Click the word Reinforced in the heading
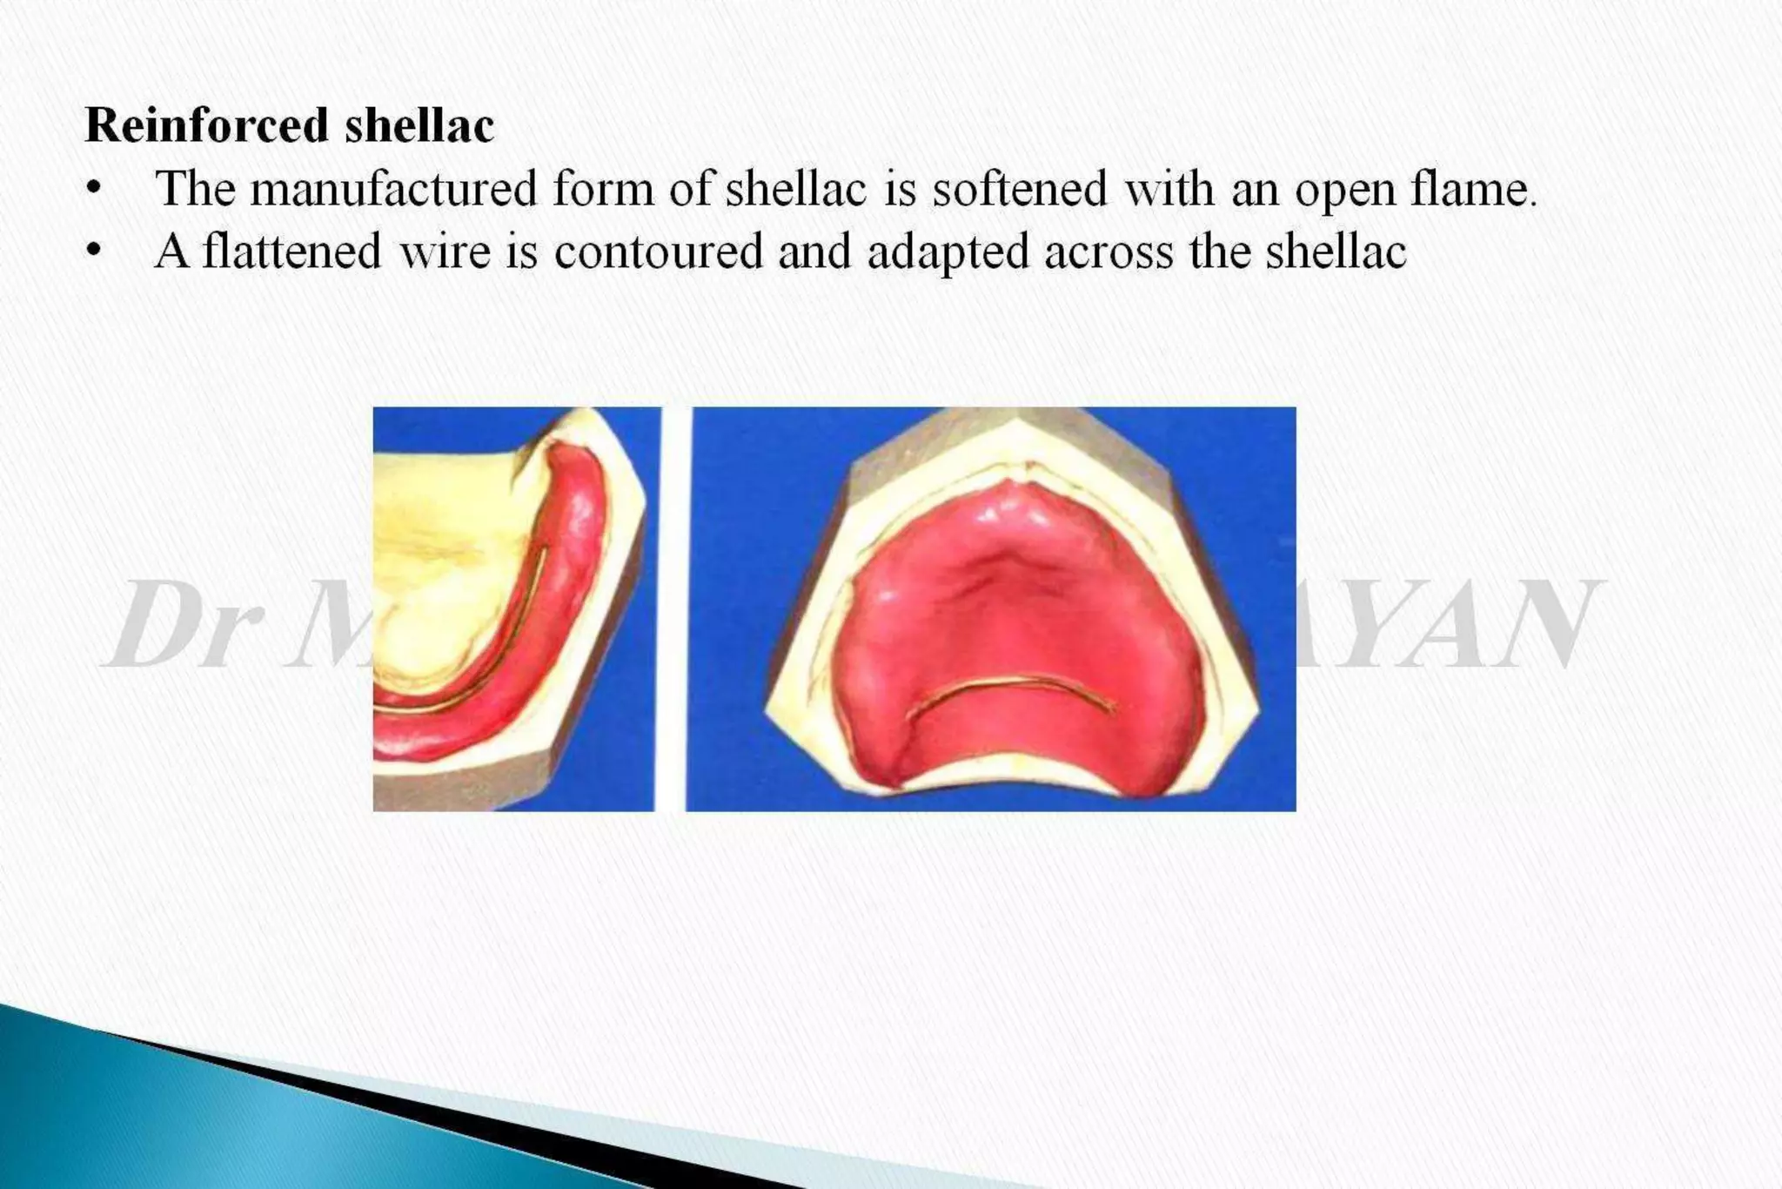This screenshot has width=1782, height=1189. tap(205, 124)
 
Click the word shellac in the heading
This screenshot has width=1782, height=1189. tap(419, 124)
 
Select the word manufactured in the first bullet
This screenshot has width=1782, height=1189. tap(393, 189)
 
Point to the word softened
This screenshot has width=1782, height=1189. tap(1020, 189)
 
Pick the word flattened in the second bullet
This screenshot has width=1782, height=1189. tap(292, 252)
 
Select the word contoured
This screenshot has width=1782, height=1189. tap(659, 252)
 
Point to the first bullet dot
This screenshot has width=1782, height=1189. tap(94, 189)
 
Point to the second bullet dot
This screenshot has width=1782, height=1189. tap(94, 252)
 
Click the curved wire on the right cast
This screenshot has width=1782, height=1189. tap(1009, 684)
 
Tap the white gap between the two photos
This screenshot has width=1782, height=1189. tap(672, 609)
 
